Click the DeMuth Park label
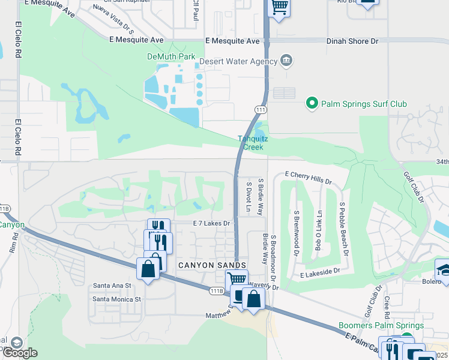click(x=172, y=56)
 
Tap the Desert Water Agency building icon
click(x=286, y=61)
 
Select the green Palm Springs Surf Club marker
click(x=311, y=104)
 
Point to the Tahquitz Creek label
click(x=253, y=143)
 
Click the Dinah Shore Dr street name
click(x=353, y=41)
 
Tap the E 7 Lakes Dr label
click(x=212, y=223)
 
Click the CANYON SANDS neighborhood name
click(x=212, y=265)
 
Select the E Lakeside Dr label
click(x=320, y=271)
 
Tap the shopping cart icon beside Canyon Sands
click(x=237, y=279)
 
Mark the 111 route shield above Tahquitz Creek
click(x=261, y=110)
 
